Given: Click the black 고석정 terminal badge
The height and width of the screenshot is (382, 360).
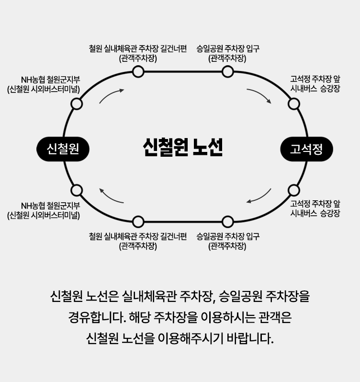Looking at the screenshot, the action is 306,149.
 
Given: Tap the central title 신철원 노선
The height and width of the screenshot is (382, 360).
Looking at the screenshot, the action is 182,148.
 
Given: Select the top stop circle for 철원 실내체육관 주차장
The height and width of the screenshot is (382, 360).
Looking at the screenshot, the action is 138,72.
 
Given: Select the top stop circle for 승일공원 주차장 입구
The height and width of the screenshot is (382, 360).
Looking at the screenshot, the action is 227,72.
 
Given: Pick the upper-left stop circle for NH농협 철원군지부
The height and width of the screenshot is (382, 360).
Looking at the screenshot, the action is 77,104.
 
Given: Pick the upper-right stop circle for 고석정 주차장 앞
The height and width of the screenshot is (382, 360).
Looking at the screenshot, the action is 294,104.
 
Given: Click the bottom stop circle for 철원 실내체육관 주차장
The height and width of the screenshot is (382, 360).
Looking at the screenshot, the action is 138,221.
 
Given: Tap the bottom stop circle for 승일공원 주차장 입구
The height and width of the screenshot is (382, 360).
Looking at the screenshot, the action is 227,221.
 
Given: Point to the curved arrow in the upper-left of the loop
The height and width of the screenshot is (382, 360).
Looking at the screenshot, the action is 111,95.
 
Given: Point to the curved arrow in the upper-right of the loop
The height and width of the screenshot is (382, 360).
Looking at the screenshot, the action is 259,95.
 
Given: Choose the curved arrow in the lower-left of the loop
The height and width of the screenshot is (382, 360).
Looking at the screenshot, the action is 111,197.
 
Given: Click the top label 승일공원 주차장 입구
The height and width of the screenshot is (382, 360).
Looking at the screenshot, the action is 227,48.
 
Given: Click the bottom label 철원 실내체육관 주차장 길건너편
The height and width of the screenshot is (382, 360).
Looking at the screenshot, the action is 138,236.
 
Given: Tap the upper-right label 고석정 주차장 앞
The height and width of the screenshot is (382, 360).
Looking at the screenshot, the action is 315,79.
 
